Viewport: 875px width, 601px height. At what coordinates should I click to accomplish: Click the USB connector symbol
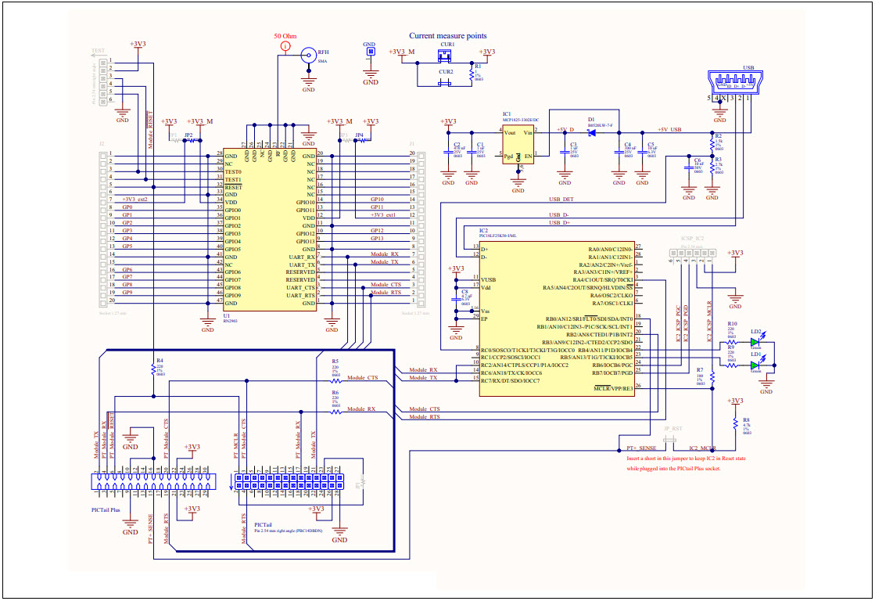tap(732, 81)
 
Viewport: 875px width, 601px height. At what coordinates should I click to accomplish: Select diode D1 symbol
tap(592, 132)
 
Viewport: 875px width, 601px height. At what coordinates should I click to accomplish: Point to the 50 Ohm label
tap(285, 36)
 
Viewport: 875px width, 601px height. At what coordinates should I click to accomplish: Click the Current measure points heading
tap(448, 35)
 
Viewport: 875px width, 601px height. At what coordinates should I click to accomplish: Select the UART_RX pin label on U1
tap(301, 257)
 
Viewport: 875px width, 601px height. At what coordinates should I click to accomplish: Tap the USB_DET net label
tap(561, 200)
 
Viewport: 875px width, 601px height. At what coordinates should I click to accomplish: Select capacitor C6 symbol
tap(688, 166)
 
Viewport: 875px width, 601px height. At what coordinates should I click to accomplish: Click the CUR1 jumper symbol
tap(446, 55)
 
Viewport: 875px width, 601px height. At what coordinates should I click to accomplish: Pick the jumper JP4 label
tap(359, 135)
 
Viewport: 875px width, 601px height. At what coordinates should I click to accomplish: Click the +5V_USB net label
tap(669, 129)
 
